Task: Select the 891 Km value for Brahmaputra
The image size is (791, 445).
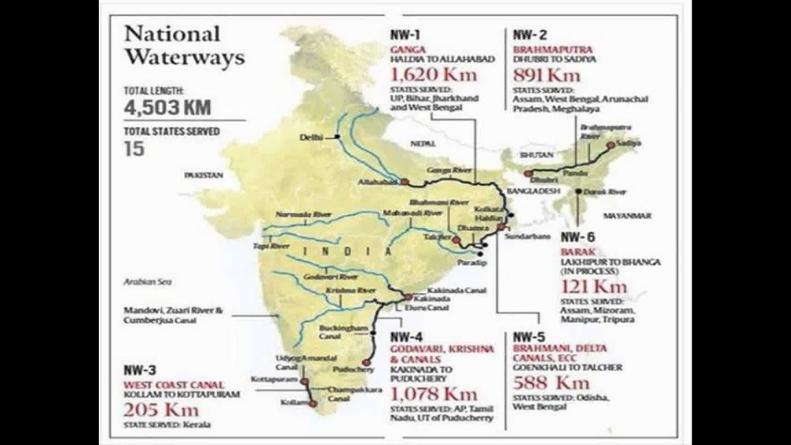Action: point(547,75)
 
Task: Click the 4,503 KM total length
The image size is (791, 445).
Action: point(167,108)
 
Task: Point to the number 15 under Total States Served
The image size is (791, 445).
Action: point(134,148)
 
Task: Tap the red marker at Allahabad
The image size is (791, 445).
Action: point(404,182)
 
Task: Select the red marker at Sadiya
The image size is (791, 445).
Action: point(611,145)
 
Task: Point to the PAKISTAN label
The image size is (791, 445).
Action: point(203,176)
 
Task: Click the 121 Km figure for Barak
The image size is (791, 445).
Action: point(593,286)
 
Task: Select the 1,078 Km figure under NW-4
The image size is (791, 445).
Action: point(434,394)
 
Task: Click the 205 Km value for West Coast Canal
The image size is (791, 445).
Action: point(161,409)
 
